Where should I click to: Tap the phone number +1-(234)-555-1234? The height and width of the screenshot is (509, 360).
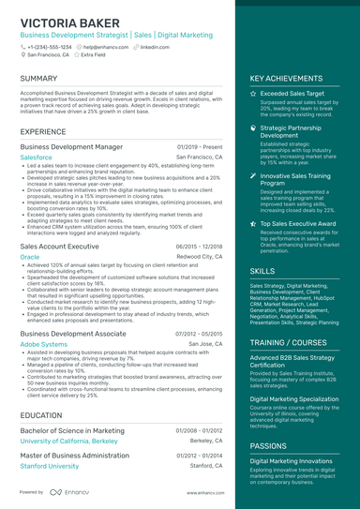click(50, 46)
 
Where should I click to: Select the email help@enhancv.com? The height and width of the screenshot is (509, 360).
click(106, 46)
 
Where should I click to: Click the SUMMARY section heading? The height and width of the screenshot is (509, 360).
click(38, 79)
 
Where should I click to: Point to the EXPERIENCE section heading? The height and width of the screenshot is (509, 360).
click(43, 132)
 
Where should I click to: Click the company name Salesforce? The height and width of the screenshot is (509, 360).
click(37, 158)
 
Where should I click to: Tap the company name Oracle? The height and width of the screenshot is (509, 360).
click(30, 256)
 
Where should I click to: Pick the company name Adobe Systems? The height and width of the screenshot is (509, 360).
click(44, 344)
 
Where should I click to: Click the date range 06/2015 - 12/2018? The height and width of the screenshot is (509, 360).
click(199, 245)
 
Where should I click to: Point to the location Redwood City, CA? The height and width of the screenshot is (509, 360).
click(200, 256)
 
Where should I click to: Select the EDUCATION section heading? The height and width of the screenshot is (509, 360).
click(41, 414)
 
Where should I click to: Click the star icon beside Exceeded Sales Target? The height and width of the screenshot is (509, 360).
click(253, 95)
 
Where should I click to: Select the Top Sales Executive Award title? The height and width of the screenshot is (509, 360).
click(299, 225)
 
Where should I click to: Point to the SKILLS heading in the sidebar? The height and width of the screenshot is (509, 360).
click(262, 271)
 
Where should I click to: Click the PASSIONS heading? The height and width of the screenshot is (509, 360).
click(269, 446)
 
